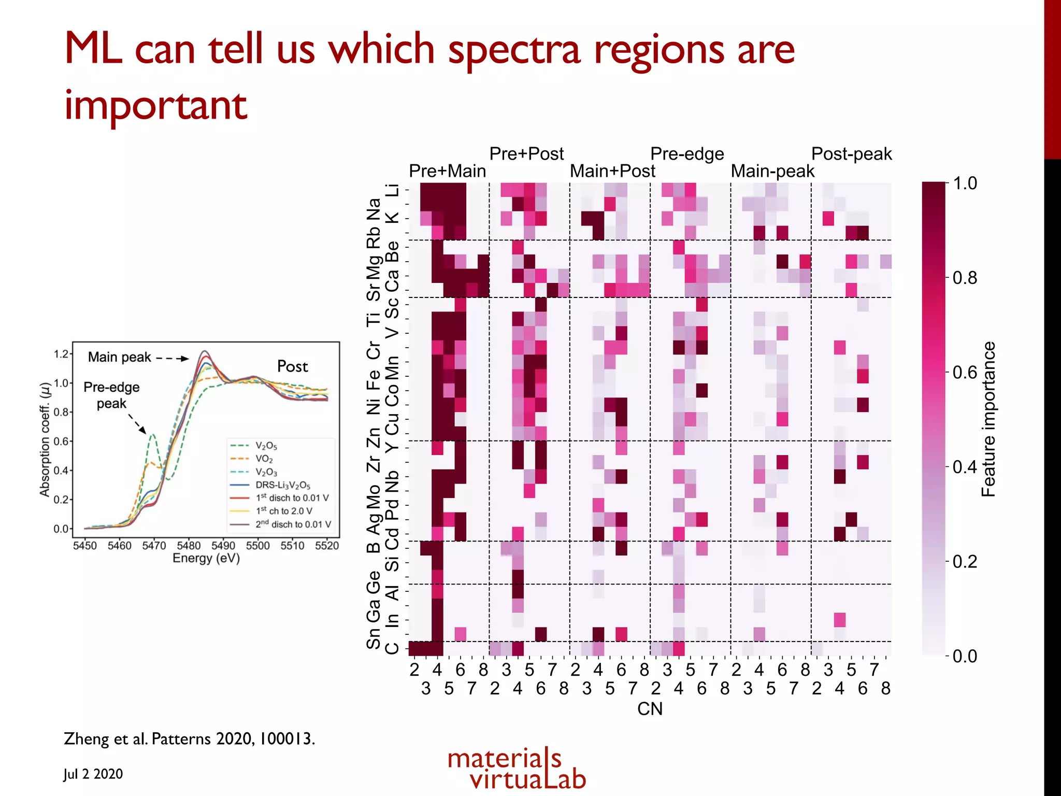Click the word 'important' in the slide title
pos(155,106)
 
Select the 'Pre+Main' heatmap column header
pos(447,171)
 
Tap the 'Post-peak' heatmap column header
pos(851,154)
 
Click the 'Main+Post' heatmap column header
pos(612,171)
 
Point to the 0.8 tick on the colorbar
pos(965,278)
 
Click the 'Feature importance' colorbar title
pos(988,419)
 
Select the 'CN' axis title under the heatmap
pos(650,709)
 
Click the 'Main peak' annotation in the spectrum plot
pos(120,357)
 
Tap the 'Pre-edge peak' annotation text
pos(111,395)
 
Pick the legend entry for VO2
pos(264,459)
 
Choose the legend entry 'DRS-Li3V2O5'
pos(282,485)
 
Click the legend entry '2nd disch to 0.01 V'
pos(293,524)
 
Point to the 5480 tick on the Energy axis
pos(189,546)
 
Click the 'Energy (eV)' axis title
pos(206,558)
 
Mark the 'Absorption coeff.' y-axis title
pos(45,439)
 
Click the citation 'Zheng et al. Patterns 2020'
pos(189,738)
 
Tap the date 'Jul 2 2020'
pos(93,774)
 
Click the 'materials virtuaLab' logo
pos(517,769)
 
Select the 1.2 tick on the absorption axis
pos(61,354)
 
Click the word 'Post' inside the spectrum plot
pos(292,366)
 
